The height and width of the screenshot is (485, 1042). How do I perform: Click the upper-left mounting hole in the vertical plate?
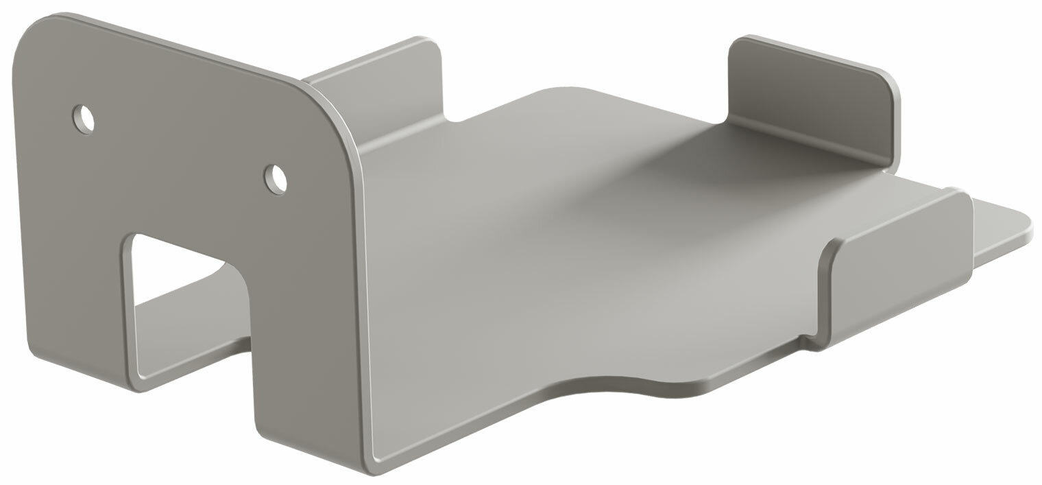click(84, 119)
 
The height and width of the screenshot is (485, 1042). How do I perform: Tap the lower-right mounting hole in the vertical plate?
click(276, 178)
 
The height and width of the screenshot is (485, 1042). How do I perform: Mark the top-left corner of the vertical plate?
click(34, 27)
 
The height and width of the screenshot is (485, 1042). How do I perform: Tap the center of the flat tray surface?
click(583, 240)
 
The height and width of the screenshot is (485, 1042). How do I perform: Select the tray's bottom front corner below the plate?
click(374, 466)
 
